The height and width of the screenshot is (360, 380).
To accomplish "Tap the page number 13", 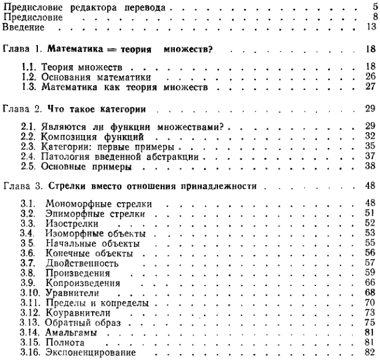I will pos(369,27).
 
